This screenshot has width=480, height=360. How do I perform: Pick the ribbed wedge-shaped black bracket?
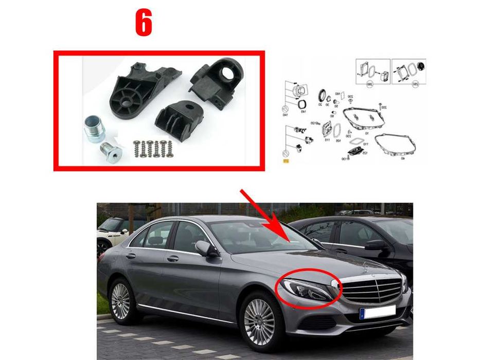[177, 117]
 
